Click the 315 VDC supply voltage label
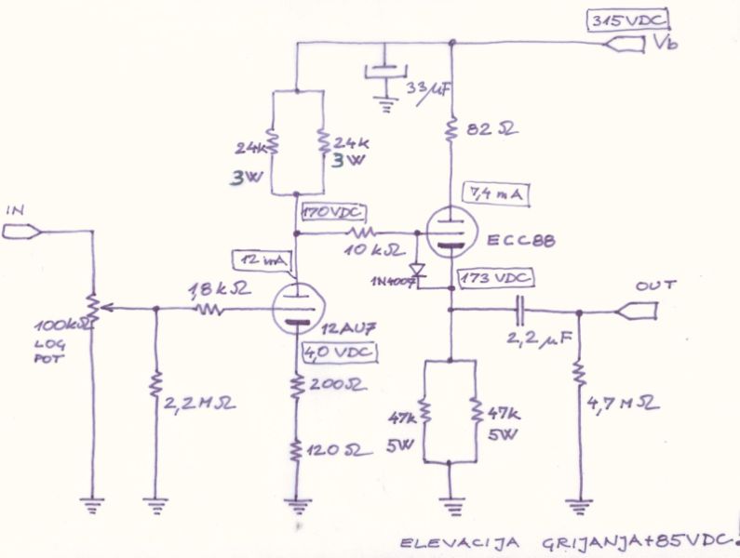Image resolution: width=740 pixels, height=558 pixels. pyautogui.click(x=630, y=22)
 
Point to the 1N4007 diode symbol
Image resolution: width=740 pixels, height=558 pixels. pyautogui.click(x=417, y=271)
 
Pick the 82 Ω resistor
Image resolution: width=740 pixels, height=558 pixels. pyautogui.click(x=451, y=130)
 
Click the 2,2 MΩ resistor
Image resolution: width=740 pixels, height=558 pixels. pyautogui.click(x=155, y=385)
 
